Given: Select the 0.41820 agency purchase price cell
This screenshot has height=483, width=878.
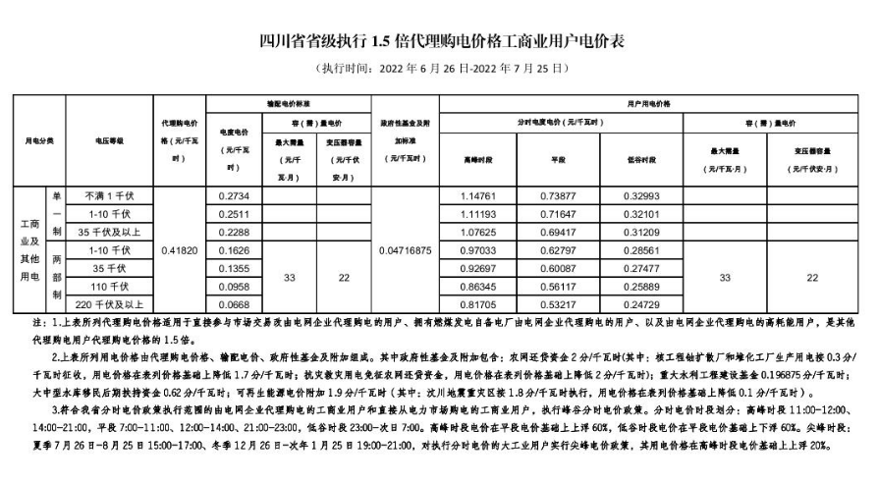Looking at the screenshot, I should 178,250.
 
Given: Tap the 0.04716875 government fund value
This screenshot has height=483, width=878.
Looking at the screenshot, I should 404,250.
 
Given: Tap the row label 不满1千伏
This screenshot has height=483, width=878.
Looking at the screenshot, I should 109,195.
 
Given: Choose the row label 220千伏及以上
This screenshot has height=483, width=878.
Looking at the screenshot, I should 109,304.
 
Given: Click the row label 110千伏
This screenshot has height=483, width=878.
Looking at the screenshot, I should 109,286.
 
